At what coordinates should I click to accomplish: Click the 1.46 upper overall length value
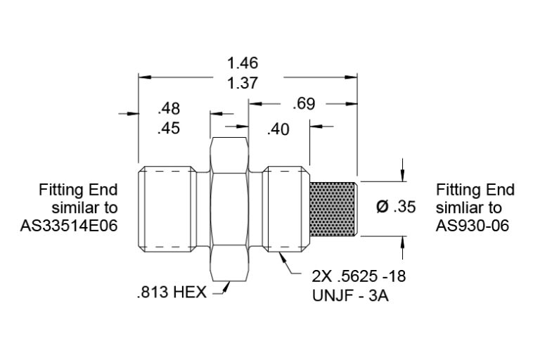click(x=243, y=63)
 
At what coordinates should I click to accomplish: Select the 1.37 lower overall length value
click(x=243, y=83)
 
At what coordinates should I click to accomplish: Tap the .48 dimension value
click(x=169, y=108)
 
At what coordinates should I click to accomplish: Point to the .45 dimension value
click(x=169, y=128)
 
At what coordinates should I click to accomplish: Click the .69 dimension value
click(x=304, y=104)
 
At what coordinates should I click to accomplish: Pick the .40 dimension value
click(x=278, y=129)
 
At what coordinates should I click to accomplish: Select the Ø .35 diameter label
click(x=396, y=207)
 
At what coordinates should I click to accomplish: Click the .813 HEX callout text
click(x=172, y=292)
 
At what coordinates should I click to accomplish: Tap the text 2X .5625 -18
click(x=359, y=276)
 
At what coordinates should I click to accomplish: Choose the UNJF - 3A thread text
click(x=350, y=295)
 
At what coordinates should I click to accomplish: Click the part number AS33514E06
click(x=69, y=226)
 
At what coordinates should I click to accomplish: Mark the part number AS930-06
click(x=472, y=226)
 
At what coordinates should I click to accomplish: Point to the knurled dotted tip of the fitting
click(x=333, y=209)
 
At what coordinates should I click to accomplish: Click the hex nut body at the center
click(x=229, y=209)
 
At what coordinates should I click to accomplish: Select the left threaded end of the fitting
click(x=167, y=209)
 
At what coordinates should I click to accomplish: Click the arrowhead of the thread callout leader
click(x=283, y=258)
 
